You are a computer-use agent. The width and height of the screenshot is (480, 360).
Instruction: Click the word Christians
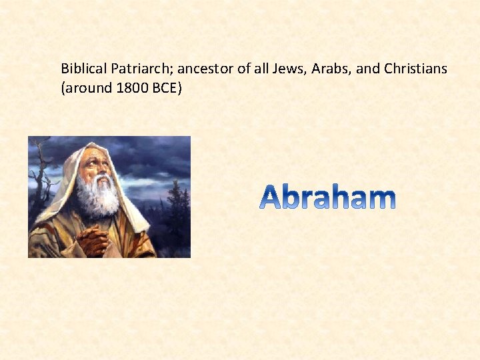tap(415, 69)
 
